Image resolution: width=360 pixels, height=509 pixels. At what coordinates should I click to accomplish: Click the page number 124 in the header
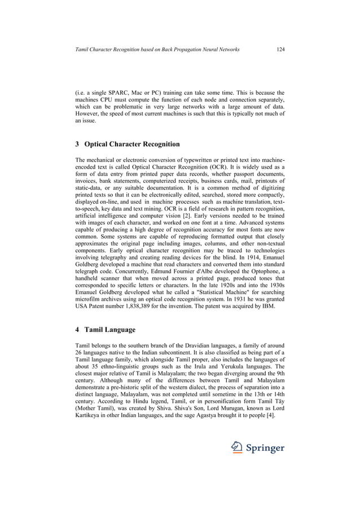click(x=280, y=50)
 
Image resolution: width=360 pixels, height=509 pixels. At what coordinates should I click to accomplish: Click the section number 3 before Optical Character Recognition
click(x=77, y=144)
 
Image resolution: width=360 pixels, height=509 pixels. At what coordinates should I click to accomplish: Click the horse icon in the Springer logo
click(x=237, y=448)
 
